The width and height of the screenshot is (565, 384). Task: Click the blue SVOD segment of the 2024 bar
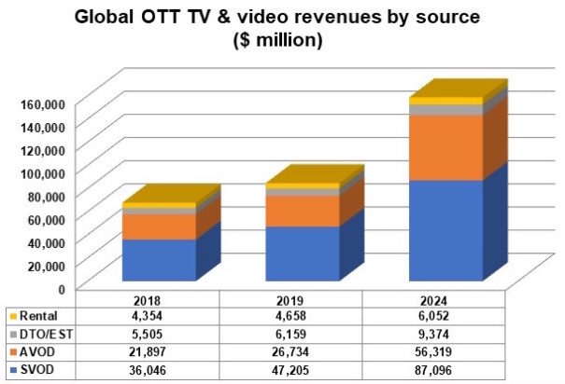(446, 229)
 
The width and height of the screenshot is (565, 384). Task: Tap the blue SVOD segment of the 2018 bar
(159, 259)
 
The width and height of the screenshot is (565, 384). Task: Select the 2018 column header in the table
(158, 300)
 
